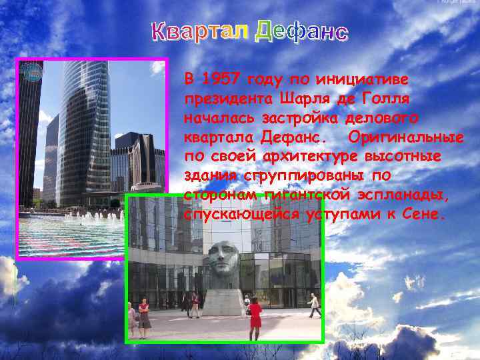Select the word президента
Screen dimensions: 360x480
226,98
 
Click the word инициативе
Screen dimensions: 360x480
367,79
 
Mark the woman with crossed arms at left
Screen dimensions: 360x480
144,317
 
